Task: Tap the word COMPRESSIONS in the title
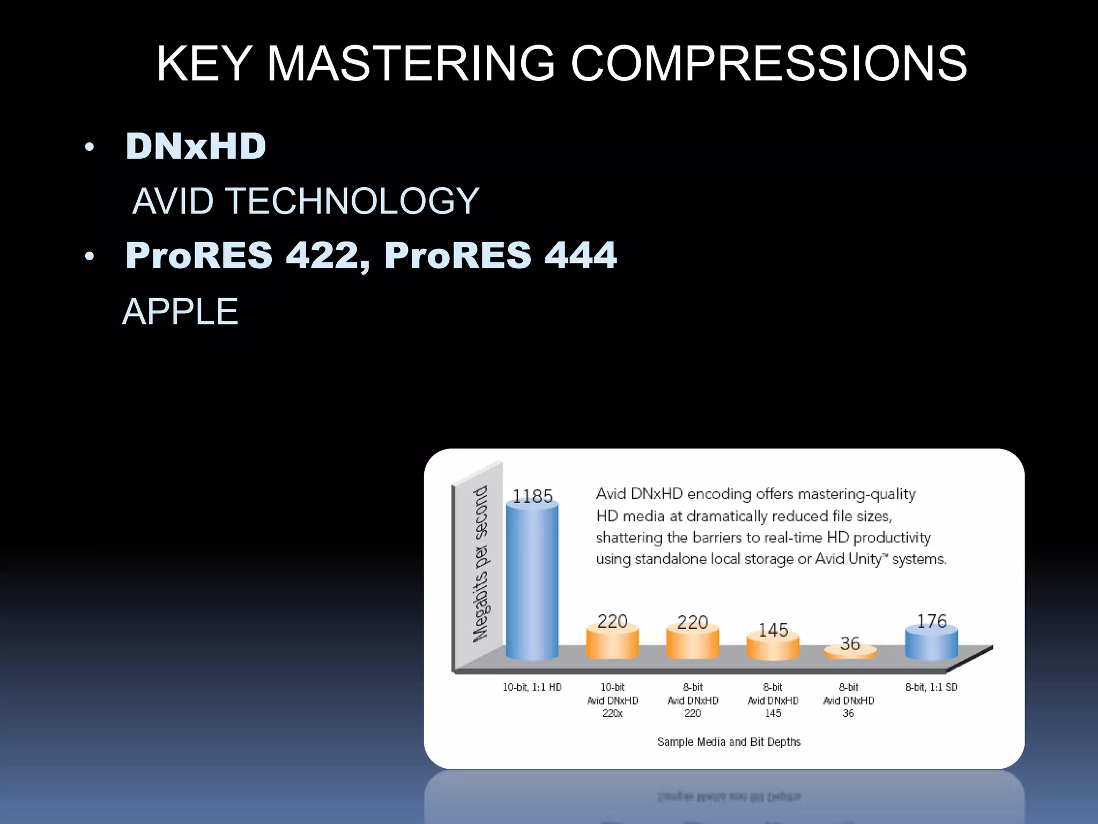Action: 769,64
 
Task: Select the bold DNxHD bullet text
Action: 196,146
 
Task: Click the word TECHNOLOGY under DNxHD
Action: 352,201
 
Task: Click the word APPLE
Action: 180,312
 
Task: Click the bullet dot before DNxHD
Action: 90,147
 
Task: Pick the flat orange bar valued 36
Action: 850,652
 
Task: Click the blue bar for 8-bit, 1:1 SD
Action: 931,644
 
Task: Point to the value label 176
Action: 932,621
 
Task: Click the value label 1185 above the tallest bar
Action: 532,496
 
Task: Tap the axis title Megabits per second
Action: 480,563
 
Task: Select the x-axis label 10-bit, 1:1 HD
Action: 532,687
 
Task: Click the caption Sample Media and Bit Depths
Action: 729,742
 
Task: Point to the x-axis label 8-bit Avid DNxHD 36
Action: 848,700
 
